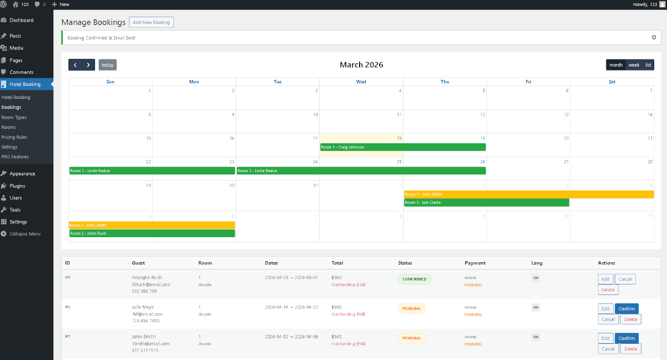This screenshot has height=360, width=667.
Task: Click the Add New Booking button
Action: point(151,22)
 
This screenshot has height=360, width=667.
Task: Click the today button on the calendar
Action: point(107,65)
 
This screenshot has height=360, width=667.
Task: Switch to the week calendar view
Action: point(634,65)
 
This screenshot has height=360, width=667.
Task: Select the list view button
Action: point(648,65)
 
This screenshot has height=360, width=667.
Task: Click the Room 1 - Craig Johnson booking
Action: point(402,147)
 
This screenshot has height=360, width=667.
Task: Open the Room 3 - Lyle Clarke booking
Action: point(486,203)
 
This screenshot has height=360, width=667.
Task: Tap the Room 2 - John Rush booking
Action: point(152,233)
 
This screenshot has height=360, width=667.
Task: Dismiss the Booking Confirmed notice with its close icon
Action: point(654,38)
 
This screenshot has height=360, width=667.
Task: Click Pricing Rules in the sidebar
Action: point(14,137)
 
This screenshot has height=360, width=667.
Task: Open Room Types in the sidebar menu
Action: point(14,117)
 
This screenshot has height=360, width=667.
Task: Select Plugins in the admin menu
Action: point(17,186)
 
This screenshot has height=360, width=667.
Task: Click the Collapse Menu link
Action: point(24,234)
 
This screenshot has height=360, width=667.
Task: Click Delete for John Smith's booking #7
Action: point(630,349)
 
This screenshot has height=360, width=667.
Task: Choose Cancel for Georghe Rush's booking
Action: point(625,279)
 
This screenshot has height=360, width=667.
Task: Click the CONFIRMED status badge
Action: point(414,279)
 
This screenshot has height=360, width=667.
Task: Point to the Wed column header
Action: point(361,82)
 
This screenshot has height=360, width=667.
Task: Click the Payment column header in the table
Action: point(475,263)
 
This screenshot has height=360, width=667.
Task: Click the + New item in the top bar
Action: point(61,4)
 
